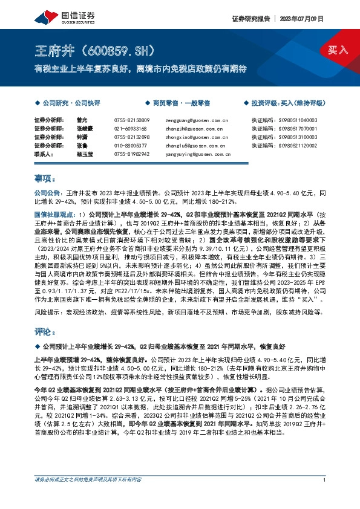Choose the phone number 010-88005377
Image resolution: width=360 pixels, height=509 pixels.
click(130, 146)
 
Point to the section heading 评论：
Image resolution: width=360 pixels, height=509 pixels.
click(45, 332)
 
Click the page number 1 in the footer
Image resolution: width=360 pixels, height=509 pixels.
click(325, 497)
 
